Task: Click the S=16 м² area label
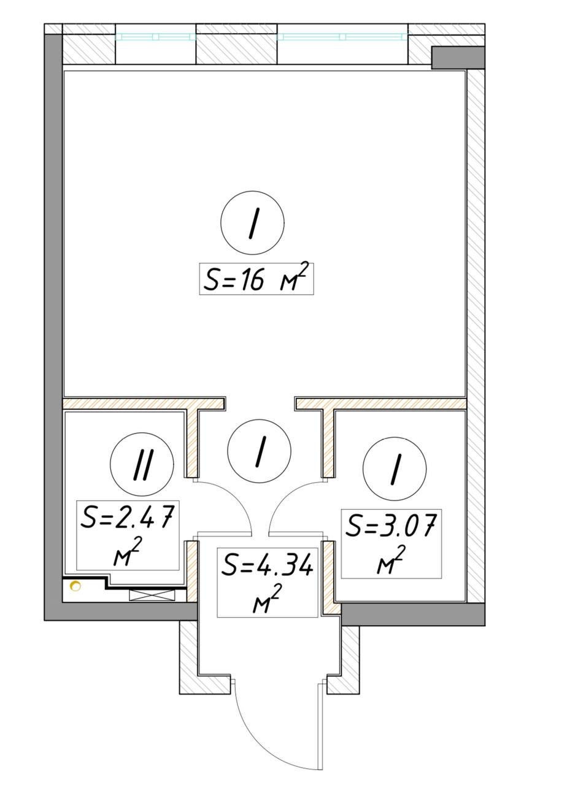[256, 279]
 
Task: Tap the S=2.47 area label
[128, 535]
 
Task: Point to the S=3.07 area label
[391, 543]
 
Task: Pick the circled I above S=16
[252, 223]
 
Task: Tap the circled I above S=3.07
[395, 469]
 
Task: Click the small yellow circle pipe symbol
[75, 587]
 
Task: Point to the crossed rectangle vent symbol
[152, 594]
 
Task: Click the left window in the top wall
[155, 37]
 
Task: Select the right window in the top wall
[342, 37]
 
